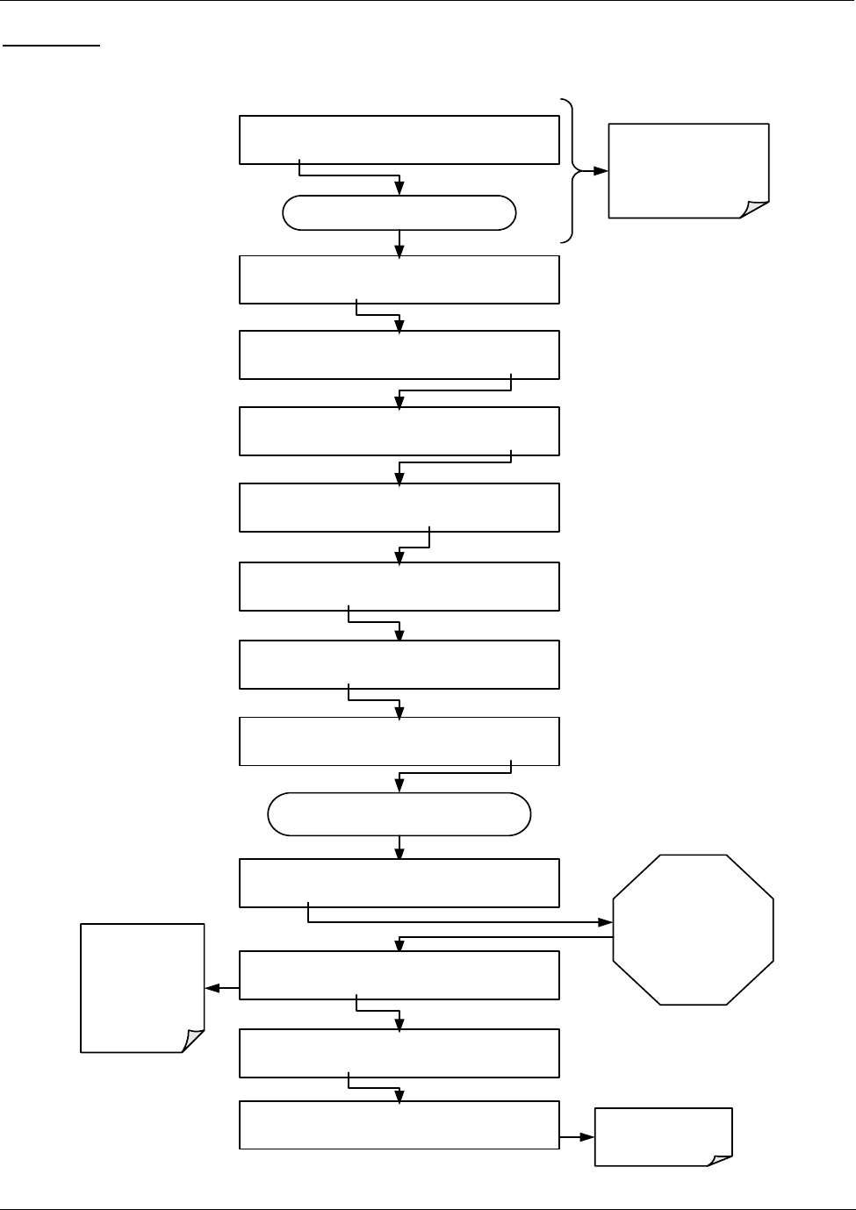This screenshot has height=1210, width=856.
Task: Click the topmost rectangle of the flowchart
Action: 399,140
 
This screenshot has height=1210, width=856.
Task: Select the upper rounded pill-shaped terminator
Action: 399,213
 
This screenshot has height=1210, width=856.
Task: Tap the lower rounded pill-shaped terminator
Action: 399,814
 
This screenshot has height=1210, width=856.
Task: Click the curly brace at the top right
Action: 573,171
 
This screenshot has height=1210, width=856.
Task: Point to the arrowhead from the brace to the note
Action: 601,171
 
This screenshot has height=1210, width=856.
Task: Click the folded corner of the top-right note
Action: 756,209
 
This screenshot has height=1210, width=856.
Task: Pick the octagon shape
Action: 693,929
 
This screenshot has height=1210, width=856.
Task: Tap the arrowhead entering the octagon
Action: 606,923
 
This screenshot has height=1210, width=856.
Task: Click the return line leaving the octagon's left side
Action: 509,937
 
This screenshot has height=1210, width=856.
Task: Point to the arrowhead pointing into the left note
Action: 211,989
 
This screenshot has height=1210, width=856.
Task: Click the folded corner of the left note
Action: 193,1041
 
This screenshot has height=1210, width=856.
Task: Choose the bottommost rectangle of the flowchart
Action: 399,1125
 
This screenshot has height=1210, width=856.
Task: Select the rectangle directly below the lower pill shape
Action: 399,883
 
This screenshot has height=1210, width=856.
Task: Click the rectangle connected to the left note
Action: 399,975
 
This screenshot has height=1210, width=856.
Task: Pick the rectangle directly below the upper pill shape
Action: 399,280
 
